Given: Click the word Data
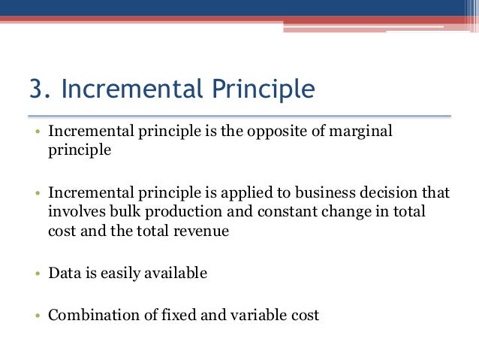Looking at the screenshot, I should pos(63,274).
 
